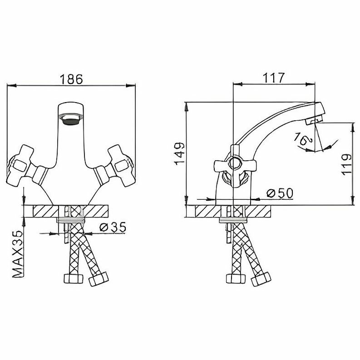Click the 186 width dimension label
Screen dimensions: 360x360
point(72,79)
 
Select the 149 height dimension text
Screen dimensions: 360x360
point(178,153)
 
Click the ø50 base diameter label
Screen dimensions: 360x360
point(280,193)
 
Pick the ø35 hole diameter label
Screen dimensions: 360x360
point(112,227)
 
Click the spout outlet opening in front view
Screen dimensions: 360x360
point(71,119)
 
